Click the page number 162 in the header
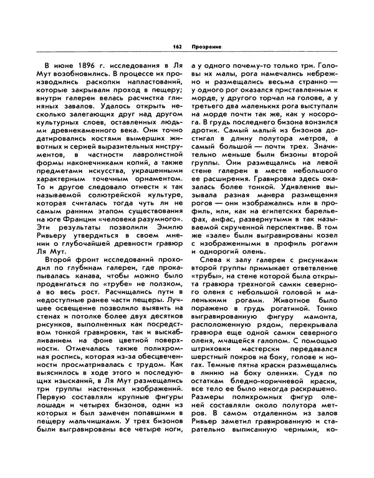[176, 47]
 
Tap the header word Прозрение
[204, 47]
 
